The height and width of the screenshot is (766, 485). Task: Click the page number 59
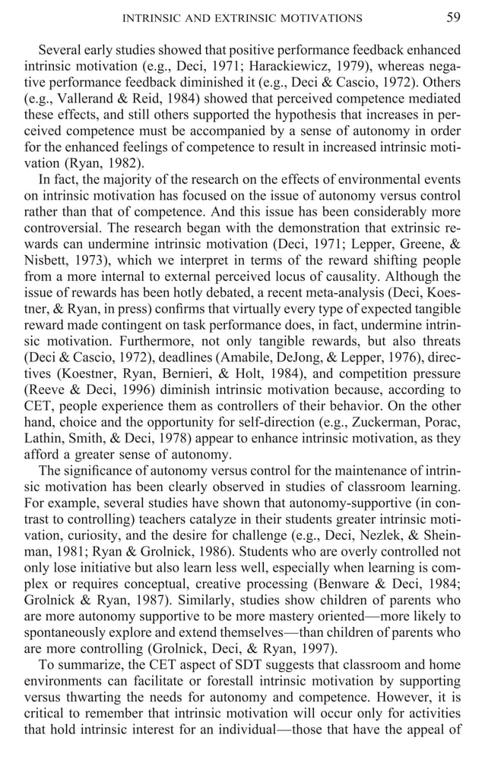click(x=453, y=17)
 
